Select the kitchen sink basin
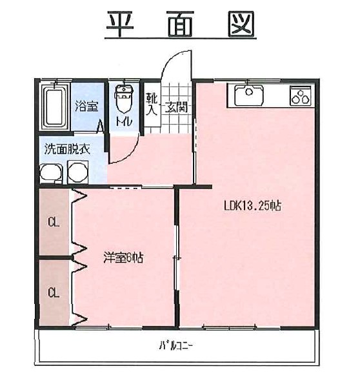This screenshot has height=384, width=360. [249, 94]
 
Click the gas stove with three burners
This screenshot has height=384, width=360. [301, 96]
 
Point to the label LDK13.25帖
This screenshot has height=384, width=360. [252, 205]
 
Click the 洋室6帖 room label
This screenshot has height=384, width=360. [123, 258]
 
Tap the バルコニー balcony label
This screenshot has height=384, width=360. [176, 346]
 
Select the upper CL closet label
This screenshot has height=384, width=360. [54, 223]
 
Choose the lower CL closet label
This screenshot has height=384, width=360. [54, 292]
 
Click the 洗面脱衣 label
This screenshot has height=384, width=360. [67, 149]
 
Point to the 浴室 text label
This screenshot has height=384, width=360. [86, 106]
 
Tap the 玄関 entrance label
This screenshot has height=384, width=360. [176, 107]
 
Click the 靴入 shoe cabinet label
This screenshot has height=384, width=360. [152, 104]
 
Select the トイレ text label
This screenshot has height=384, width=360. [124, 121]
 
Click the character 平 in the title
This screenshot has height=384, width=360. [120, 24]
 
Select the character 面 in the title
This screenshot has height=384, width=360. [181, 24]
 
